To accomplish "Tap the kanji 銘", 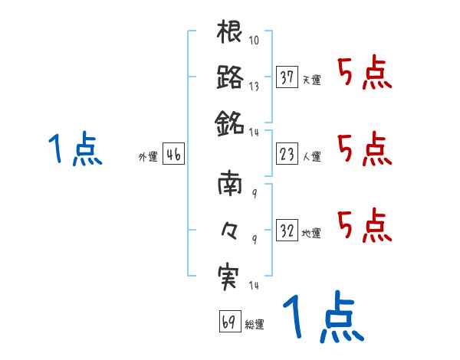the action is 230,120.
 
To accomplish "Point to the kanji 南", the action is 230,185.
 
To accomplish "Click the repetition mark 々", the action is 229,228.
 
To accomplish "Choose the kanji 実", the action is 230,273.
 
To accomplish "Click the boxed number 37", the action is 287,77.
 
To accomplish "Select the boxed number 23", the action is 287,155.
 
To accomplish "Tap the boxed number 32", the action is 287,230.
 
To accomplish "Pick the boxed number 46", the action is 173,155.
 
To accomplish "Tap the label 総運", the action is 255,324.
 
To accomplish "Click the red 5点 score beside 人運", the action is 364,149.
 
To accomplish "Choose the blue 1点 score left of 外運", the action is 75,149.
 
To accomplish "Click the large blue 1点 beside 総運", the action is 321,319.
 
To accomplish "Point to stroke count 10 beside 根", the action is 254,41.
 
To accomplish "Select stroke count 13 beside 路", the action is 254,86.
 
